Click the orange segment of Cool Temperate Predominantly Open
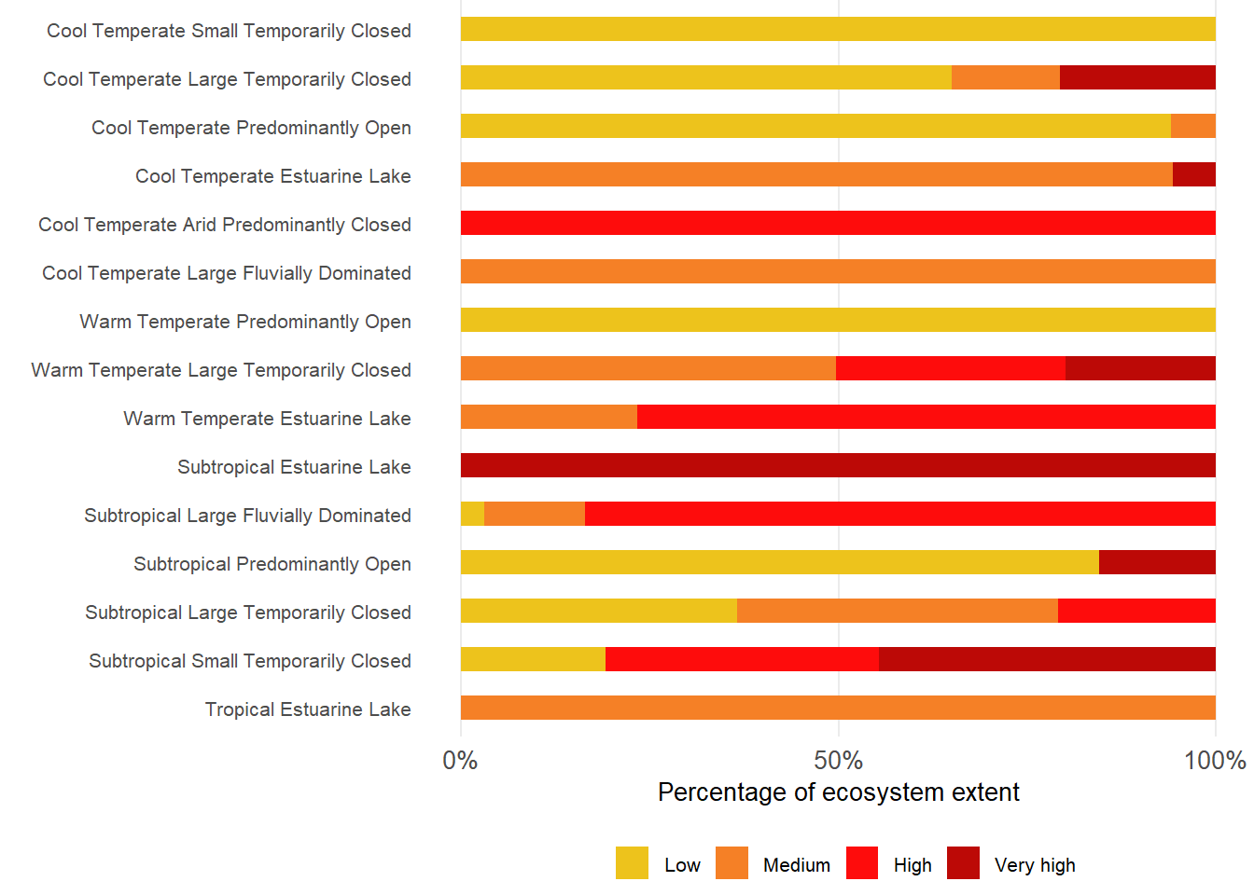click(x=1193, y=126)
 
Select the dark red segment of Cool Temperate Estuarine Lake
click(x=1194, y=174)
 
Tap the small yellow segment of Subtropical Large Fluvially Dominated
click(x=472, y=514)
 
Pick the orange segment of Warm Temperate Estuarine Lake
click(x=549, y=417)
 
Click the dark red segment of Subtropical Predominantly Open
click(x=1157, y=562)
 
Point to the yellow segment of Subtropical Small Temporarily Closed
click(x=533, y=659)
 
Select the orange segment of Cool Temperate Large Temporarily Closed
click(x=1006, y=77)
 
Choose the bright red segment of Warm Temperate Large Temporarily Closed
click(x=951, y=368)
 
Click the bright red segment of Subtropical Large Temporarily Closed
click(x=1136, y=611)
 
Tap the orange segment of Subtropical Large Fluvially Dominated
click(x=535, y=514)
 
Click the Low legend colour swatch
click(x=632, y=863)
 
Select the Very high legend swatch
click(x=963, y=863)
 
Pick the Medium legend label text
click(x=796, y=865)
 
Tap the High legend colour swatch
click(x=862, y=863)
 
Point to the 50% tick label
click(x=838, y=761)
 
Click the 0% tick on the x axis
click(x=460, y=761)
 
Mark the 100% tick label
click(x=1215, y=761)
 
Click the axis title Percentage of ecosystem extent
click(x=838, y=792)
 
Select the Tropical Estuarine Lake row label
click(x=308, y=709)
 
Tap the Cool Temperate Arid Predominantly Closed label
click(x=225, y=225)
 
